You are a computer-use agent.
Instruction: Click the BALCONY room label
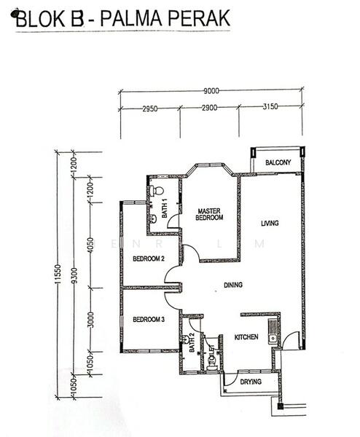click(278, 162)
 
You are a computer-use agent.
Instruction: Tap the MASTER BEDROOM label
click(209, 214)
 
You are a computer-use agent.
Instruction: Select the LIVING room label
click(270, 224)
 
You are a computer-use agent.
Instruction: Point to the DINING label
click(233, 285)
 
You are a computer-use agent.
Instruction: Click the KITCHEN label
click(246, 337)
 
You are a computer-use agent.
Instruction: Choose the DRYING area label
click(251, 382)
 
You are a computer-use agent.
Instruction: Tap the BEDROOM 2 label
click(149, 259)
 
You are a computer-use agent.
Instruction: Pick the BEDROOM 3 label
click(149, 320)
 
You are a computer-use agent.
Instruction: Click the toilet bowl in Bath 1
click(157, 191)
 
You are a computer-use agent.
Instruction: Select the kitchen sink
click(273, 339)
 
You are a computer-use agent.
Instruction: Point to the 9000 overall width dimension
click(211, 91)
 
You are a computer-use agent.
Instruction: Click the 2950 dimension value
click(150, 109)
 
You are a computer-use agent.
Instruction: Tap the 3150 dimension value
click(270, 106)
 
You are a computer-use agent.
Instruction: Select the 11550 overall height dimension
click(58, 275)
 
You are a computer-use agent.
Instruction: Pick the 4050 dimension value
click(90, 245)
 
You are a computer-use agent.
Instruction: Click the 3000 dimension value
click(91, 320)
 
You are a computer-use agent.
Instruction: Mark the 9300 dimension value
click(74, 275)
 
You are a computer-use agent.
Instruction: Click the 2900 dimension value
click(210, 108)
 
